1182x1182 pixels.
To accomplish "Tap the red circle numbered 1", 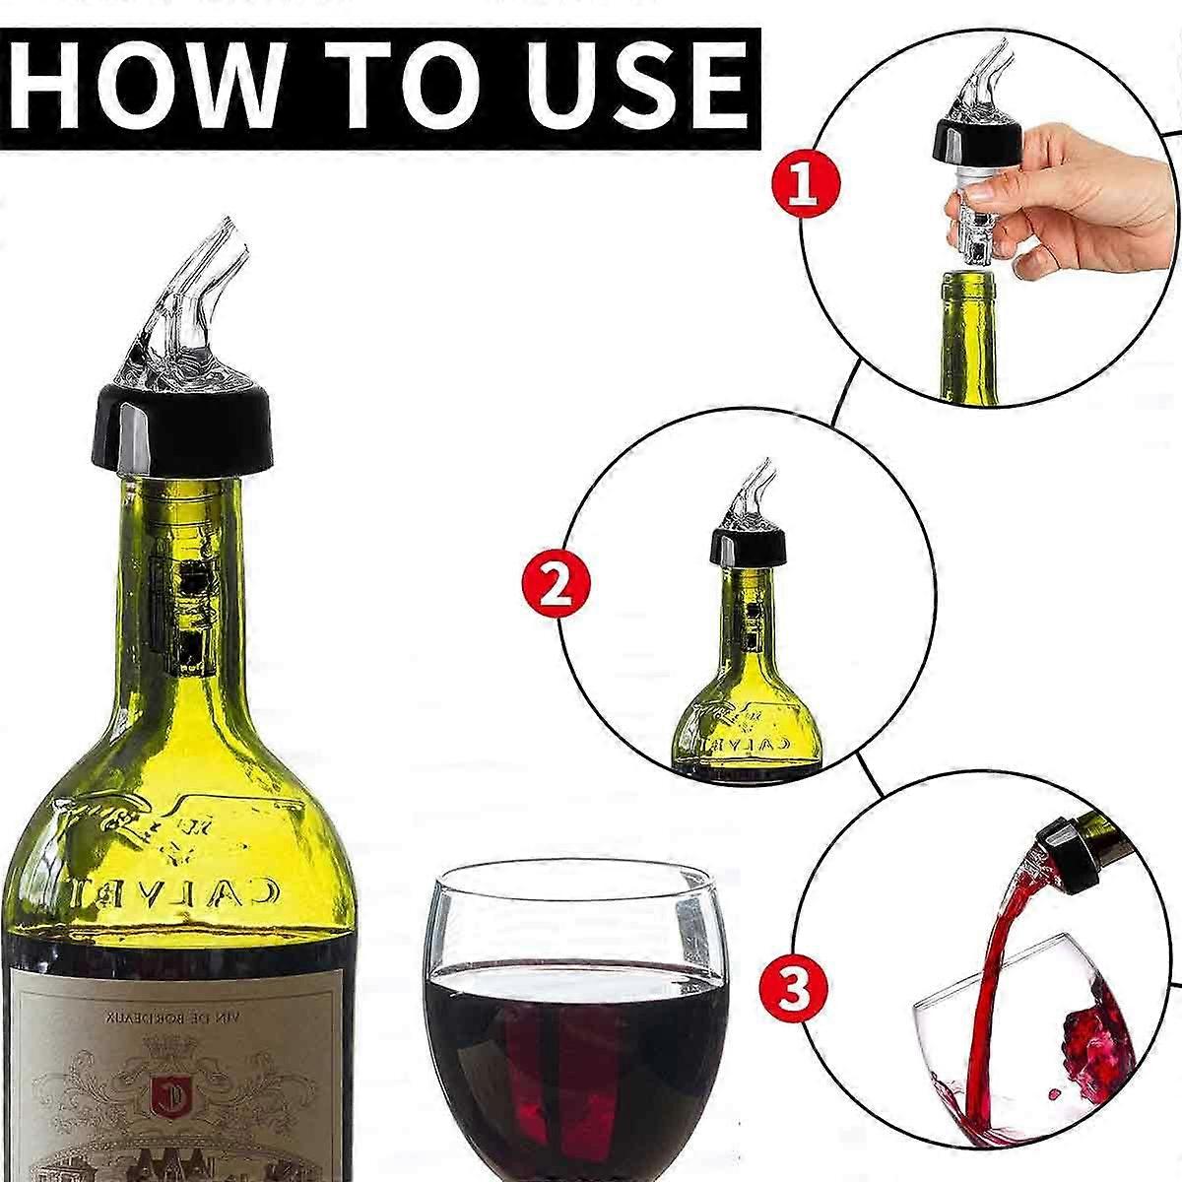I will pyautogui.click(x=805, y=184).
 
